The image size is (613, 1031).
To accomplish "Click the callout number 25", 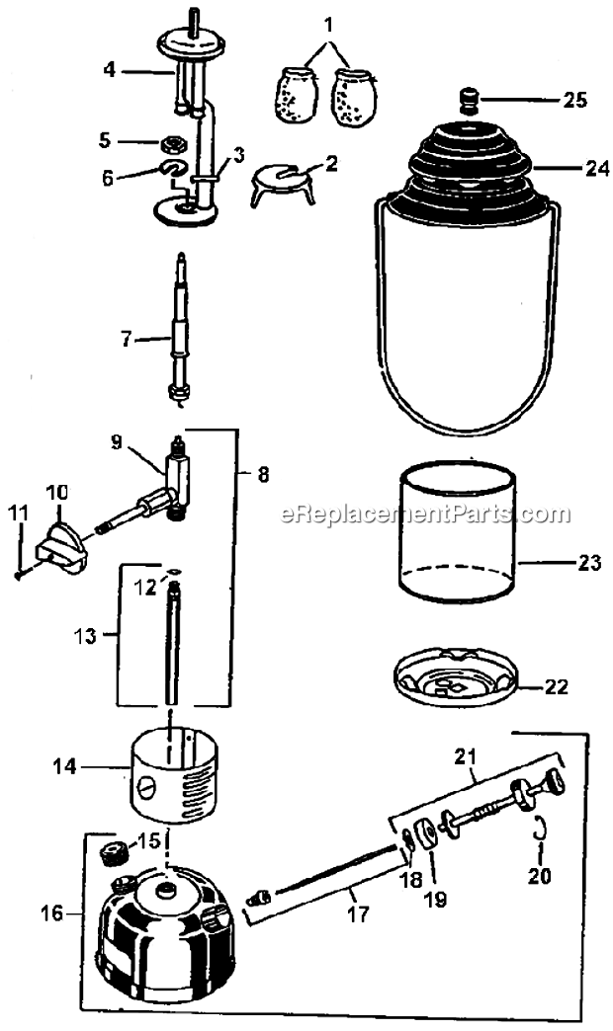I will tap(574, 100).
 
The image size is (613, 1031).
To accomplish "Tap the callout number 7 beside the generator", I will tap(126, 339).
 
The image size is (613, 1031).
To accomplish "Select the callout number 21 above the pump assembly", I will tap(466, 758).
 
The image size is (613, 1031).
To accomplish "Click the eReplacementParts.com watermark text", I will tap(425, 514).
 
